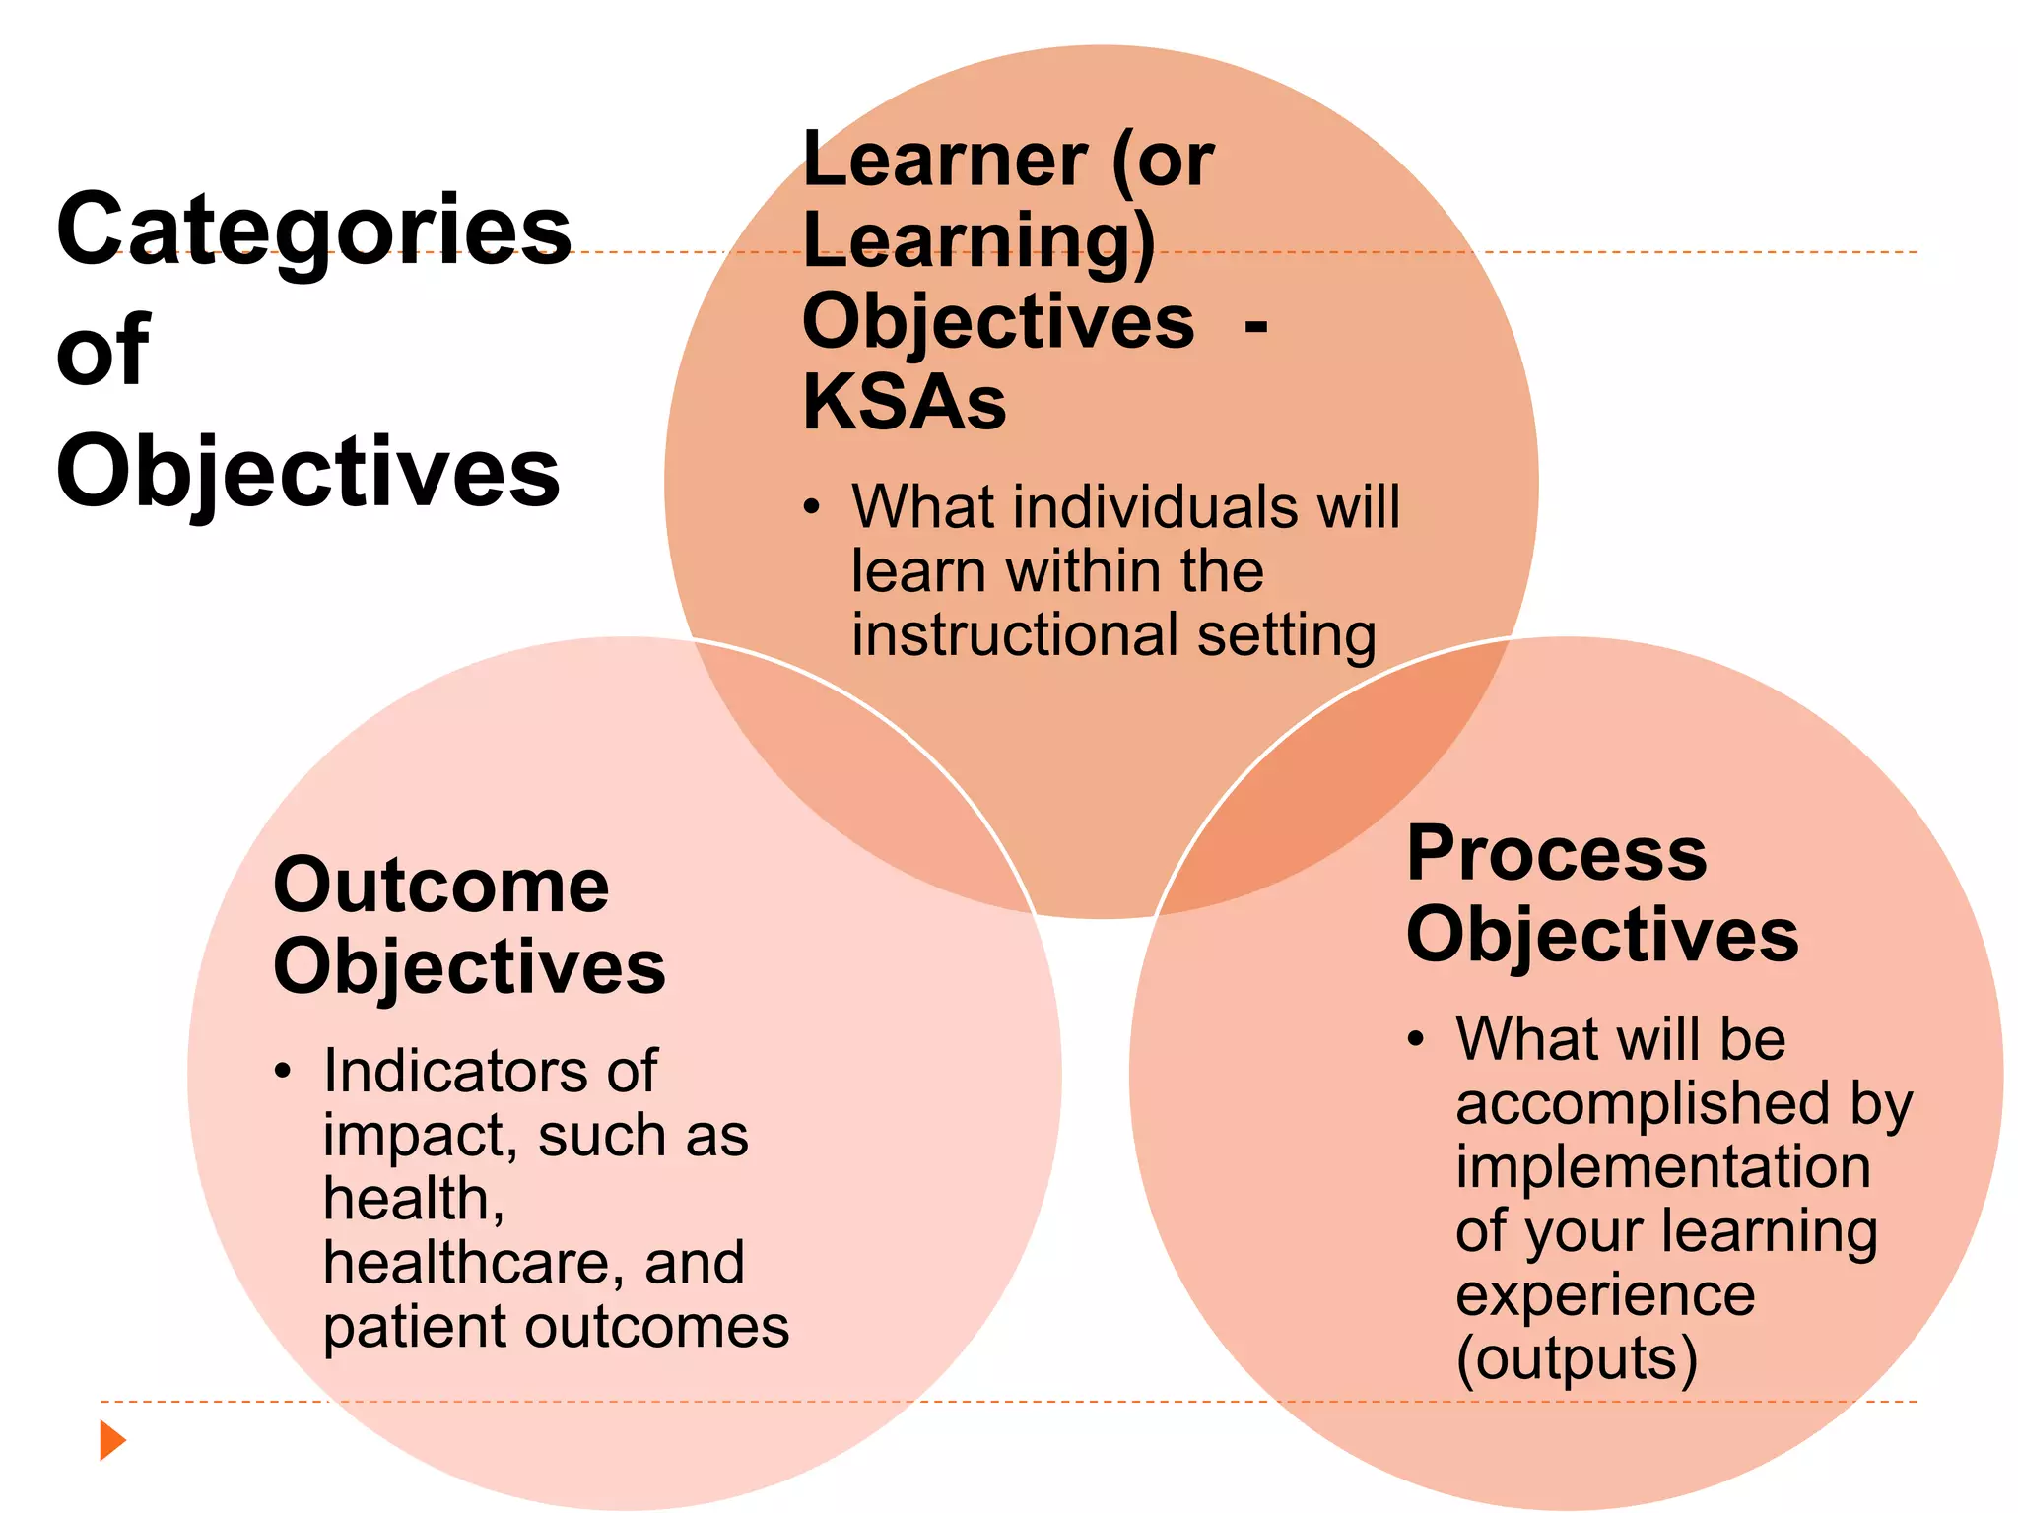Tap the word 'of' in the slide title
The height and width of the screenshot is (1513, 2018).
(x=102, y=351)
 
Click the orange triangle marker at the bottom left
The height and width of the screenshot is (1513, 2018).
(x=112, y=1440)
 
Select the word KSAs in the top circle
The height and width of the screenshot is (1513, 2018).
(x=905, y=403)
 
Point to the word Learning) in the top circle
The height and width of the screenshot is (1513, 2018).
(x=978, y=242)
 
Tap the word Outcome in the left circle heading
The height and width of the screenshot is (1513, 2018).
(x=440, y=886)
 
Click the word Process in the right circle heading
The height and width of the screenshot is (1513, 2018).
(x=1557, y=853)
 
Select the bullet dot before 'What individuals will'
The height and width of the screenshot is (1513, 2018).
(x=811, y=508)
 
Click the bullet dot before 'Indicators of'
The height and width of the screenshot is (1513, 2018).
(x=283, y=1072)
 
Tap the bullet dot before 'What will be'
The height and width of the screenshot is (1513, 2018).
(x=1416, y=1039)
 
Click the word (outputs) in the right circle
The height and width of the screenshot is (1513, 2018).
(x=1577, y=1359)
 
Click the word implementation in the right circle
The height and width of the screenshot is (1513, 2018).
(x=1663, y=1168)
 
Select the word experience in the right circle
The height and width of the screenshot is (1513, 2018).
(x=1605, y=1295)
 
